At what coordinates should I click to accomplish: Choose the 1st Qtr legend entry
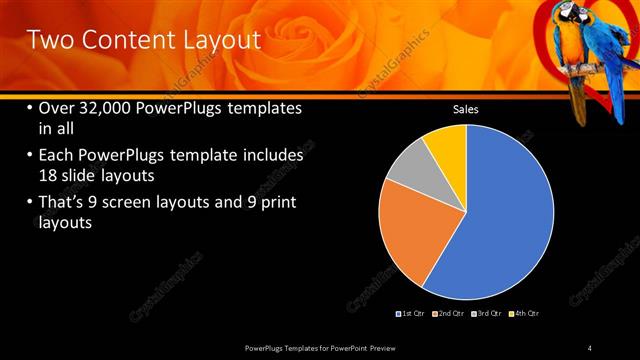click(x=414, y=314)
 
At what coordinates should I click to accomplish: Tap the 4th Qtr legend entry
click(x=526, y=314)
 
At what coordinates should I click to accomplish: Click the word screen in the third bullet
click(x=133, y=203)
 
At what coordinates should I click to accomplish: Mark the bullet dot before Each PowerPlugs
click(x=29, y=157)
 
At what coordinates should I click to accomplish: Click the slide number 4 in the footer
click(x=589, y=347)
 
